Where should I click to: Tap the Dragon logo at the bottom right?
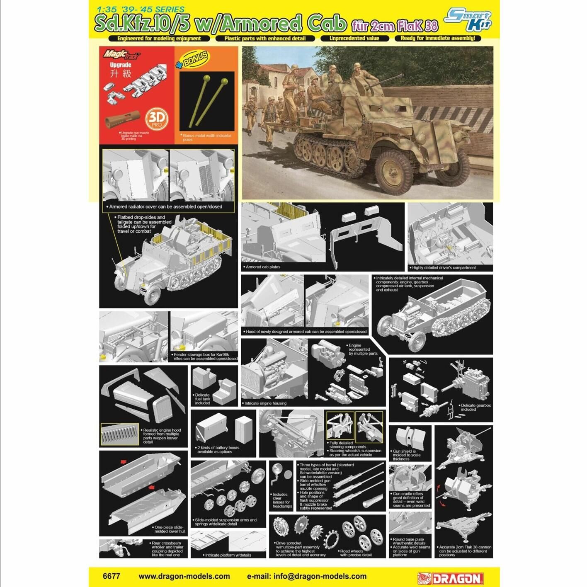pyautogui.click(x=451, y=578)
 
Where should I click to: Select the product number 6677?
pyautogui.click(x=111, y=576)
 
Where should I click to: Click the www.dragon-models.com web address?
pyautogui.click(x=184, y=576)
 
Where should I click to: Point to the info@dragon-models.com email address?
pyautogui.click(x=306, y=576)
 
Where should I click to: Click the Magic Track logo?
pyautogui.click(x=121, y=54)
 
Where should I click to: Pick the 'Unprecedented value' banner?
pyautogui.click(x=354, y=38)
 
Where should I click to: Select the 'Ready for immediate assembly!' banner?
pyautogui.click(x=438, y=38)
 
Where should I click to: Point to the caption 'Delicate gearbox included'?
pyautogui.click(x=475, y=407)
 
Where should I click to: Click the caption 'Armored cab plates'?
pyautogui.click(x=263, y=267)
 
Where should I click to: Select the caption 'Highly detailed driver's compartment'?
pyautogui.click(x=444, y=267)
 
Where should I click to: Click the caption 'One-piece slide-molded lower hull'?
pyautogui.click(x=170, y=529)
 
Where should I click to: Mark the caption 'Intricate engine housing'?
pyautogui.click(x=265, y=403)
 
